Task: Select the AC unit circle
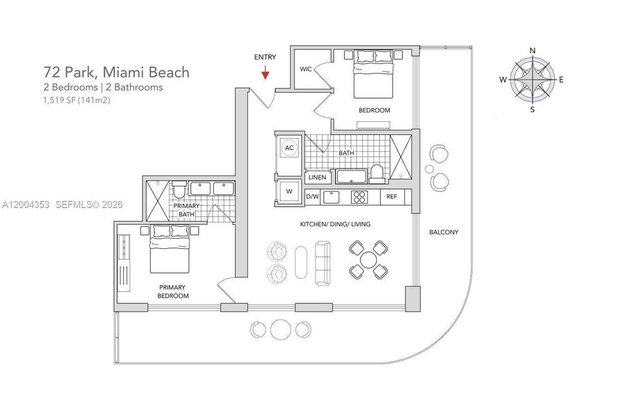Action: point(289,147)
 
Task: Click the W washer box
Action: point(288,192)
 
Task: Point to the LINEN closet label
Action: point(318,177)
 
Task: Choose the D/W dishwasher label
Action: point(312,197)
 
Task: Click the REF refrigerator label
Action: point(391,197)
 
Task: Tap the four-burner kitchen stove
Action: point(360,197)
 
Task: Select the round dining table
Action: point(368,260)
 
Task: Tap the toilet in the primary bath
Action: point(179,188)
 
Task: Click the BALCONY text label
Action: point(444,232)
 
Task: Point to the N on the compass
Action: point(532,50)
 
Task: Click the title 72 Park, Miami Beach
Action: point(117,72)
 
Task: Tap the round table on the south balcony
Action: point(281,329)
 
